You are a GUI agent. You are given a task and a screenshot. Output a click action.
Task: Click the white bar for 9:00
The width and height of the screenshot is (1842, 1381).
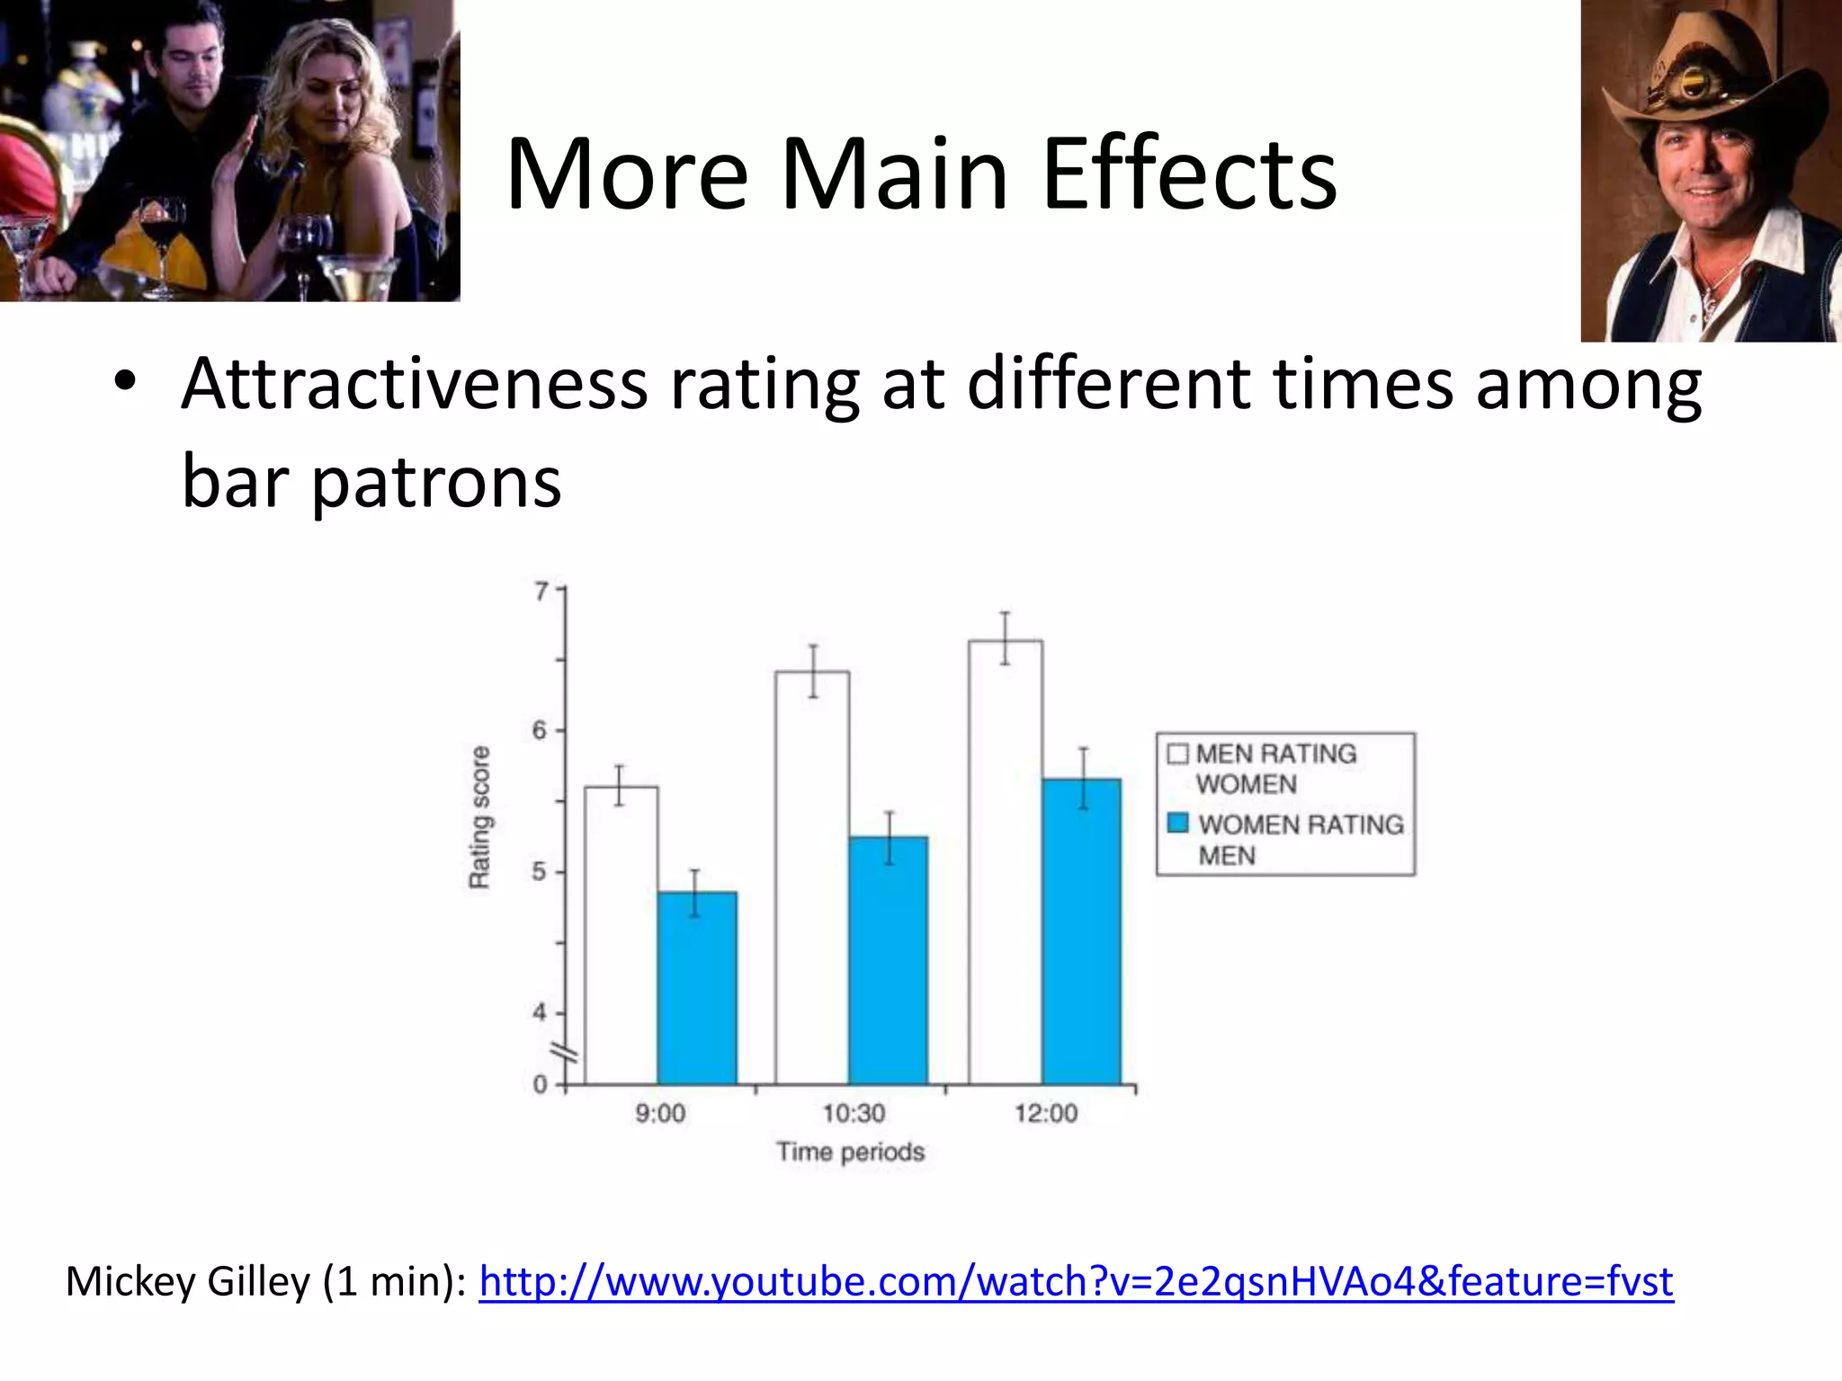(x=621, y=935)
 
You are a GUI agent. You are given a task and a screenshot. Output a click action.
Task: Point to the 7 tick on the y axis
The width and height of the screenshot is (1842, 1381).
(x=541, y=591)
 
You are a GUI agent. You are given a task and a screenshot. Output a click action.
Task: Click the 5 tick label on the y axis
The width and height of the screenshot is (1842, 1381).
(x=539, y=871)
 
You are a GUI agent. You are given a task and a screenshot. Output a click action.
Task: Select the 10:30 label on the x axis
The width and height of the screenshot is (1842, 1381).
(x=854, y=1113)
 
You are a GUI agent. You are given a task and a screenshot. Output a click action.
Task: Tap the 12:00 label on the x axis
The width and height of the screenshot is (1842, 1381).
(x=1046, y=1113)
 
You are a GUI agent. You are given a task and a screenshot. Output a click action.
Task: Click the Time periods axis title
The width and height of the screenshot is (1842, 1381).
(x=851, y=1152)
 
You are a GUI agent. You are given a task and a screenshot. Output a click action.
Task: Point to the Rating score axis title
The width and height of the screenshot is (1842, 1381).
(x=480, y=817)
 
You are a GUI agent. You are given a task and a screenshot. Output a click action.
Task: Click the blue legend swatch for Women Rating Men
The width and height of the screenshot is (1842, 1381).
(x=1178, y=823)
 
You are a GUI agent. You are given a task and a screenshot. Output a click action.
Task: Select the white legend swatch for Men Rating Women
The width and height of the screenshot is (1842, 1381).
(x=1177, y=753)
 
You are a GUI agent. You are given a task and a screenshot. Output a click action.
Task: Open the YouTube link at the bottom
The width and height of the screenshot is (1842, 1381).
(x=1076, y=1280)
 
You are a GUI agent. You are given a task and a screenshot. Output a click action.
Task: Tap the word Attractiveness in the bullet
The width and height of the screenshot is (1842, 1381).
(x=414, y=384)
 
